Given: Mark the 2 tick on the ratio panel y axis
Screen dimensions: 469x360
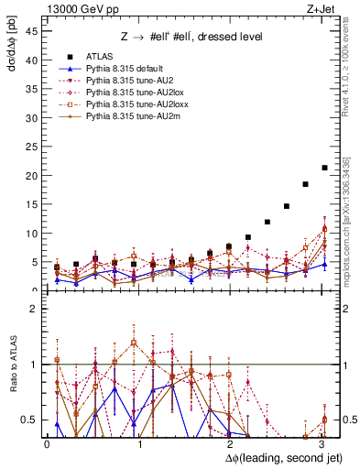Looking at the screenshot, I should click(x=34, y=310).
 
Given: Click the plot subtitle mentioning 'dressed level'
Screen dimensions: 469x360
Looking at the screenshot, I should click(x=193, y=37).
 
